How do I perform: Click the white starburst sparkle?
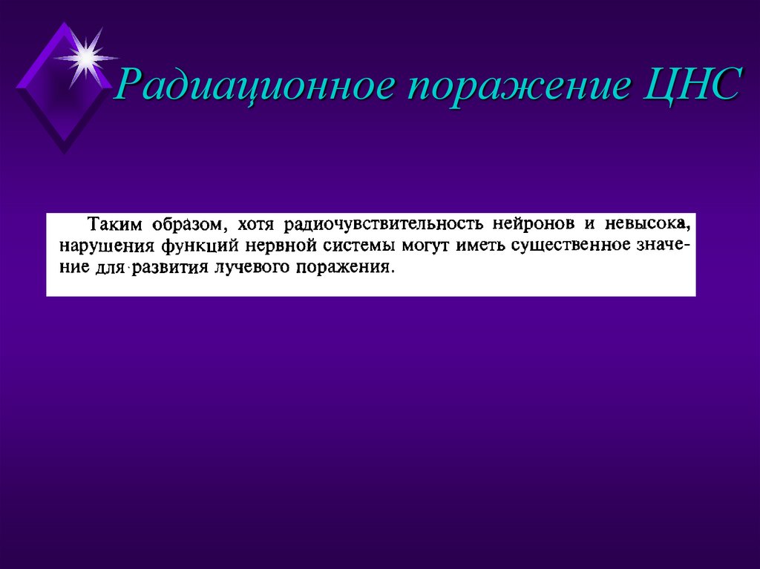point(85,56)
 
